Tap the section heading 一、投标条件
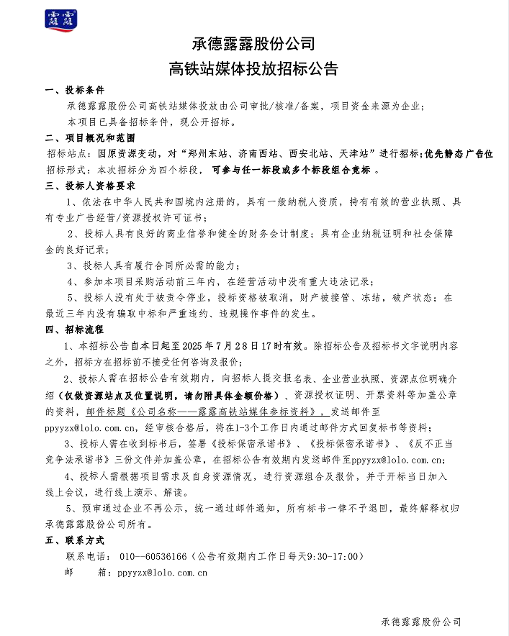pyautogui.click(x=75, y=91)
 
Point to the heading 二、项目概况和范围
pyautogui.click(x=89, y=137)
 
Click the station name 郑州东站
pyautogui.click(x=204, y=154)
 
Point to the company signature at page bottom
pyautogui.click(x=421, y=621)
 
